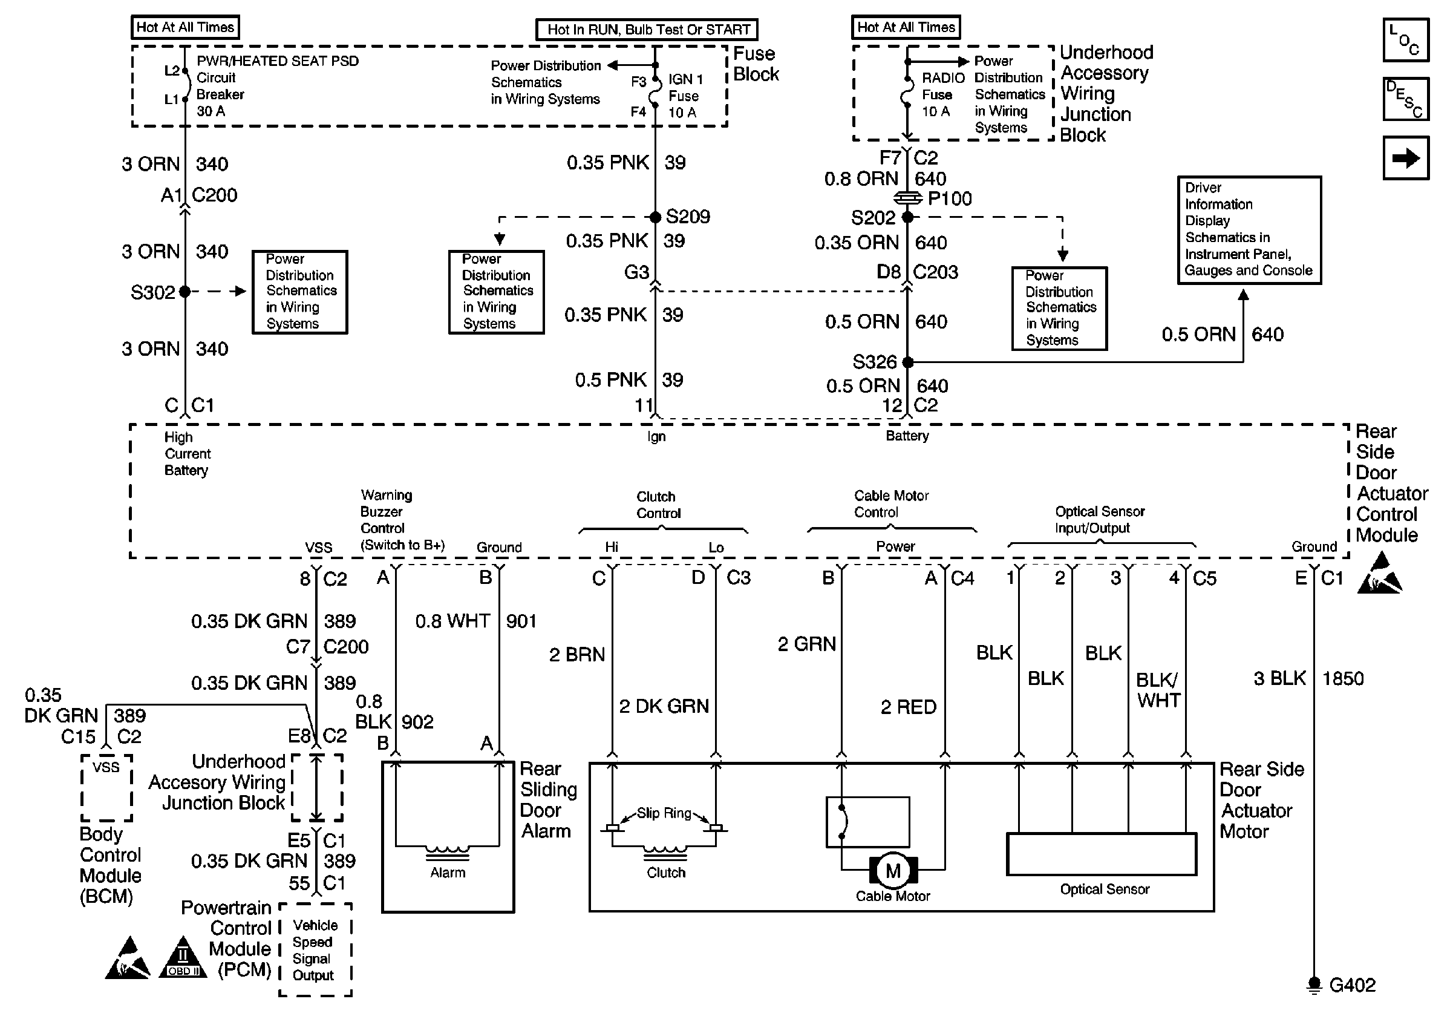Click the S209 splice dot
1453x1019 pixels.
pyautogui.click(x=656, y=217)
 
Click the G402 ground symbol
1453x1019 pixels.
pyautogui.click(x=1314, y=986)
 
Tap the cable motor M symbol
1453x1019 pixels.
pyautogui.click(x=893, y=871)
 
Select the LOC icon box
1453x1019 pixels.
pyautogui.click(x=1406, y=40)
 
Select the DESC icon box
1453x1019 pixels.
pyautogui.click(x=1406, y=99)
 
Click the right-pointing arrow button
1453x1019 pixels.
pyautogui.click(x=1406, y=158)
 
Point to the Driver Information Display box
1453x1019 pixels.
pyautogui.click(x=1249, y=230)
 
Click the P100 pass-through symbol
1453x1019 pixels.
pyautogui.click(x=907, y=198)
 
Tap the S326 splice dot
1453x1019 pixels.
pyautogui.click(x=907, y=362)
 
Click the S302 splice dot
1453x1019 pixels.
pyautogui.click(x=184, y=292)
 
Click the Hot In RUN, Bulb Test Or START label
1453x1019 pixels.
pyautogui.click(x=647, y=30)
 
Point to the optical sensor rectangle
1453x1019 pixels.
pyautogui.click(x=1101, y=854)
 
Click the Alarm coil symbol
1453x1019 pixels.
pyautogui.click(x=448, y=852)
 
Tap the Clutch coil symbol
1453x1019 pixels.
pyautogui.click(x=665, y=852)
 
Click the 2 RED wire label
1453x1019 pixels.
pyautogui.click(x=908, y=707)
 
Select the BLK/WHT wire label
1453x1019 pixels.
pyautogui.click(x=1157, y=690)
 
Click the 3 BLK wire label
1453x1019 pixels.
pyautogui.click(x=1279, y=678)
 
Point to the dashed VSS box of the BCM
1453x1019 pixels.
pyautogui.click(x=106, y=787)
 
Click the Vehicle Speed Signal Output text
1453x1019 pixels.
pyautogui.click(x=315, y=950)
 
